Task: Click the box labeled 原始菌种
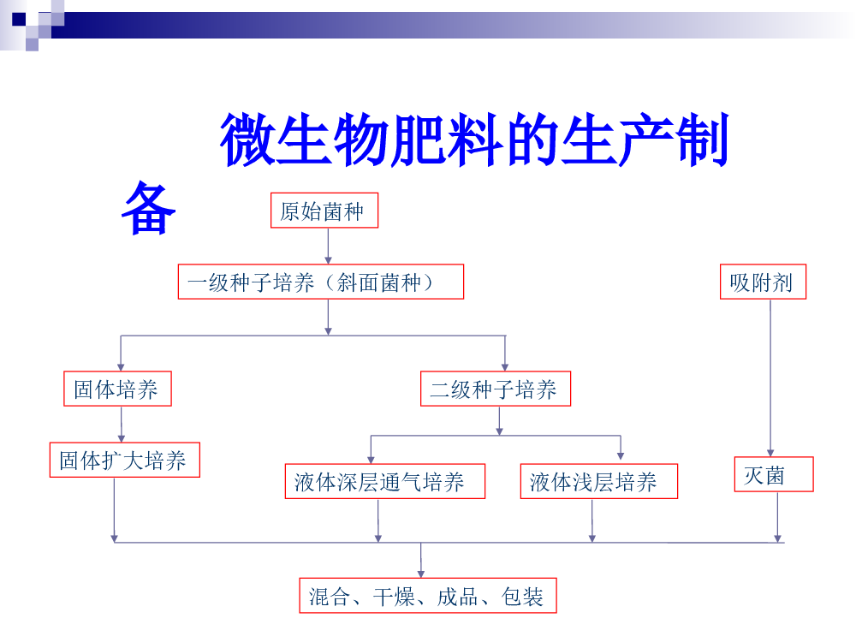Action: (x=324, y=211)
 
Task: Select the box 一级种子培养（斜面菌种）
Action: (x=321, y=282)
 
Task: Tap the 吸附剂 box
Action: (x=764, y=282)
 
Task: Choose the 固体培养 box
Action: (x=117, y=389)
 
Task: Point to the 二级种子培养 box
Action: (x=496, y=389)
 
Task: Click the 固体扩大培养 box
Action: (x=125, y=460)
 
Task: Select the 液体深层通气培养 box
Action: (x=385, y=481)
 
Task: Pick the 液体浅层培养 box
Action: (x=599, y=481)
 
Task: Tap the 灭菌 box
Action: (x=774, y=474)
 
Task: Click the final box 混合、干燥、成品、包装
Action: (x=428, y=596)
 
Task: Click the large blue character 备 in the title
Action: (x=148, y=209)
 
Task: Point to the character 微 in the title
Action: (x=247, y=140)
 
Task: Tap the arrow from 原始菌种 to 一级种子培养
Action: (x=328, y=247)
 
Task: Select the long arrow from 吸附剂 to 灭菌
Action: (x=770, y=377)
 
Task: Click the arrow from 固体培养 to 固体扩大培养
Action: (x=122, y=425)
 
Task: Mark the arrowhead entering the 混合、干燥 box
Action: (x=421, y=574)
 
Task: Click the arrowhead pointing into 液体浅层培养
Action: (x=621, y=456)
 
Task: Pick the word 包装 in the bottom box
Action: (x=522, y=596)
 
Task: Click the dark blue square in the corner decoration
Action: (x=19, y=19)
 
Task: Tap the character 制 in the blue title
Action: (x=702, y=140)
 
